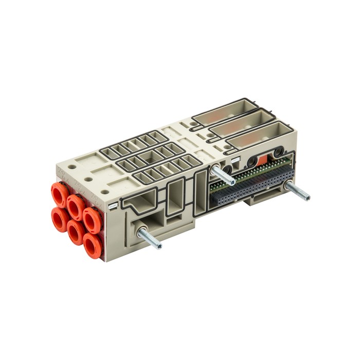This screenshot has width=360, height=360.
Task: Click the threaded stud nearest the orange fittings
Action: click(149, 239)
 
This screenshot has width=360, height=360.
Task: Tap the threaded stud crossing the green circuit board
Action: click(223, 175)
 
